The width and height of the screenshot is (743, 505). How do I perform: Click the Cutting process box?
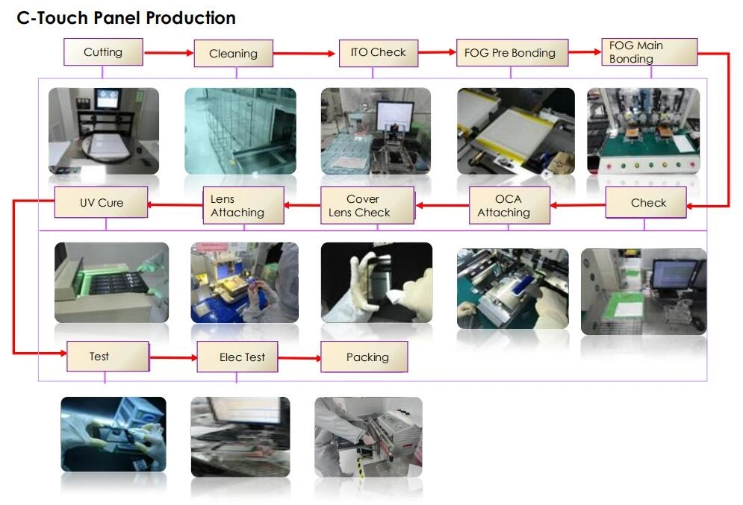click(x=103, y=52)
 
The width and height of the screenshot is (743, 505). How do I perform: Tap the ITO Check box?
click(x=378, y=52)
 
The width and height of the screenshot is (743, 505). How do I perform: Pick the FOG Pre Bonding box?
click(x=510, y=53)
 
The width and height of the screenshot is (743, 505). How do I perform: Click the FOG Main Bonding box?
click(x=649, y=52)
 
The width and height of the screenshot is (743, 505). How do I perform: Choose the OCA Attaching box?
click(x=509, y=206)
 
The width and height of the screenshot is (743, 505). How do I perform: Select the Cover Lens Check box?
click(x=367, y=206)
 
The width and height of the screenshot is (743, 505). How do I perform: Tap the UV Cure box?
click(x=101, y=203)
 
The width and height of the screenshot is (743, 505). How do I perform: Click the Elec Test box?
click(x=242, y=357)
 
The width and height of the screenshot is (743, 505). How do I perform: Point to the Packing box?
click(x=364, y=357)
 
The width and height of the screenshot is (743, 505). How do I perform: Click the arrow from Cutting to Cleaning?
click(x=169, y=53)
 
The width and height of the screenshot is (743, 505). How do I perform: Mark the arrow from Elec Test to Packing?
click(x=299, y=358)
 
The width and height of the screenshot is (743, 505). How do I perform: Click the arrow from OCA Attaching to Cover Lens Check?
click(x=441, y=205)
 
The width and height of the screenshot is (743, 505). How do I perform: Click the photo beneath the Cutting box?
click(x=104, y=131)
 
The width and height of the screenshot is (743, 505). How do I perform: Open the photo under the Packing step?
click(x=368, y=437)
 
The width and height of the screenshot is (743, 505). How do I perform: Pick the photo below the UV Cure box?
click(x=111, y=282)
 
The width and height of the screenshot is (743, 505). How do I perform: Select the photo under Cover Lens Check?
click(x=376, y=282)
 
